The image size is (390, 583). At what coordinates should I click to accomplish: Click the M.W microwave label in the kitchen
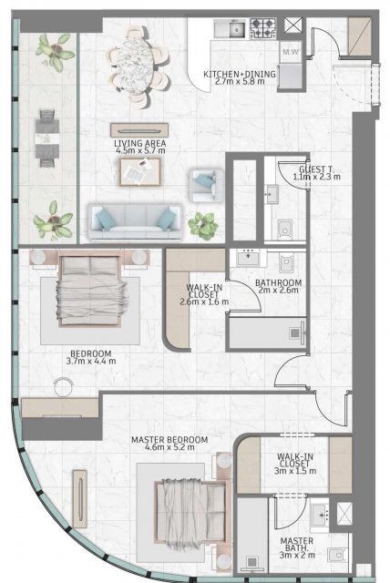click(290, 52)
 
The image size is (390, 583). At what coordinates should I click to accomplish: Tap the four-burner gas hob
click(263, 28)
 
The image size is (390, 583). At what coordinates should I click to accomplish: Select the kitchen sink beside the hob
click(230, 28)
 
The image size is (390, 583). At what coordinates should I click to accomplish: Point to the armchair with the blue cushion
click(206, 185)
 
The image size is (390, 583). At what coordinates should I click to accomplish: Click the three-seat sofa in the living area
click(135, 221)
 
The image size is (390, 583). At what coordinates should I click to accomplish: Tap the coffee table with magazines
click(139, 171)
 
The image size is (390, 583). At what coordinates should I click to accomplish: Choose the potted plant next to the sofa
click(203, 226)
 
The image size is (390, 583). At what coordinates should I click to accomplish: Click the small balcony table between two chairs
click(47, 138)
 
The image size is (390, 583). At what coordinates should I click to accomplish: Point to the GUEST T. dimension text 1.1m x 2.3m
click(316, 177)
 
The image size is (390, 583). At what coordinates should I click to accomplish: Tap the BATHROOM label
click(278, 283)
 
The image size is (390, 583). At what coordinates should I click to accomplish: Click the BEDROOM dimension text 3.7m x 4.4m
click(91, 361)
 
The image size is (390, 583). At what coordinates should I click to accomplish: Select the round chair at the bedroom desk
click(64, 386)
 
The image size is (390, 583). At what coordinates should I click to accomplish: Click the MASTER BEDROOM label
click(169, 440)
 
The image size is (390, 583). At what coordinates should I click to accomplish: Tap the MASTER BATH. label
click(297, 545)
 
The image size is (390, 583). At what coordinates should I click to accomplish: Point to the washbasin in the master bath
click(320, 515)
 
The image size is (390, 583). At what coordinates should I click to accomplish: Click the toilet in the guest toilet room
click(285, 229)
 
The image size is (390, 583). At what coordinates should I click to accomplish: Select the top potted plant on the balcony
click(56, 51)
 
